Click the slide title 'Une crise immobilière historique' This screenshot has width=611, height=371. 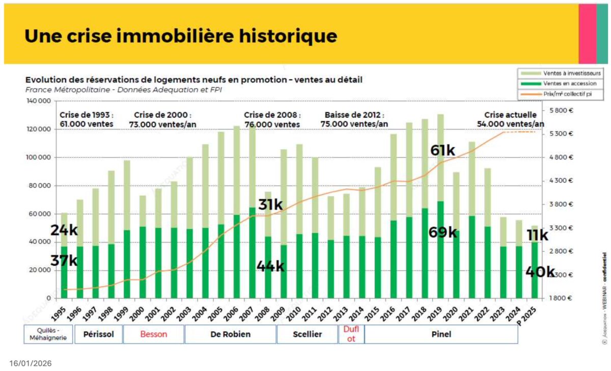tap(181, 36)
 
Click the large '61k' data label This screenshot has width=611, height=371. tap(442, 151)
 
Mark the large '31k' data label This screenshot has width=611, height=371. tap(270, 205)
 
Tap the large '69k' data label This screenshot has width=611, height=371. tap(442, 232)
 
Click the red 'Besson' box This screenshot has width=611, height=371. tap(153, 334)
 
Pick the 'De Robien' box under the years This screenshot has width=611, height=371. tap(230, 334)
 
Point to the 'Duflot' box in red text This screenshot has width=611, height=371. tap(351, 334)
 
